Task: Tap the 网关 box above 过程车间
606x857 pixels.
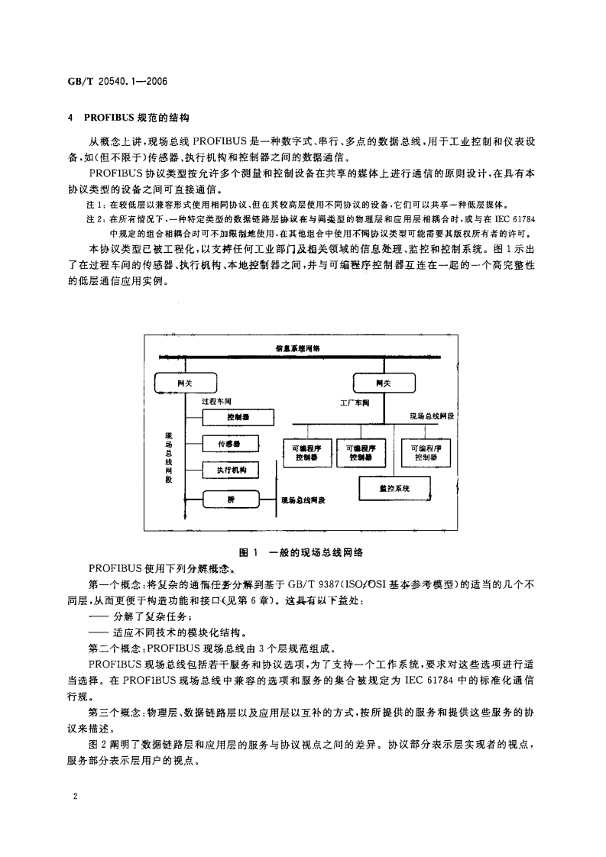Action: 186,381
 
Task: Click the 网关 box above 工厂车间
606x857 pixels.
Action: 383,381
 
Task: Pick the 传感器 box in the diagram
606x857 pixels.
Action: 231,442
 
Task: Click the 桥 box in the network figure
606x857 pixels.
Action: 231,499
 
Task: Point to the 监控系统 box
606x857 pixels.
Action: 394,487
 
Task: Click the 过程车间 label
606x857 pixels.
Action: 216,400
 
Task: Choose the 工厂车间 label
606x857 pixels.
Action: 355,402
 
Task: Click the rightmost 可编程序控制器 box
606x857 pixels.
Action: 426,452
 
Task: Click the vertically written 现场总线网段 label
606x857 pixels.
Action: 169,458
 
